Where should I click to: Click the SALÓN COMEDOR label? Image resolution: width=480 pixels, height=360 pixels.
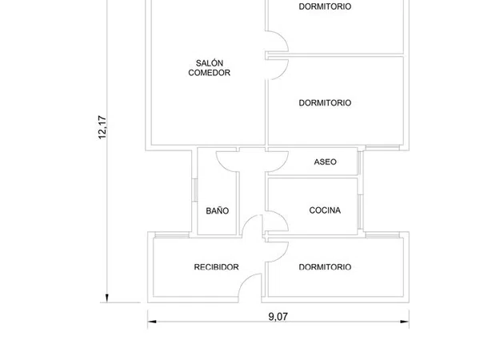pyautogui.click(x=209, y=68)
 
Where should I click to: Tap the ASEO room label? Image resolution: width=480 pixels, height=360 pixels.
pyautogui.click(x=325, y=162)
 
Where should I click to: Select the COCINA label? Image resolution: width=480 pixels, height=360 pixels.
pyautogui.click(x=325, y=210)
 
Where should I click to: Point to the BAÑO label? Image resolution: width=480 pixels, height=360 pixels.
pyautogui.click(x=218, y=210)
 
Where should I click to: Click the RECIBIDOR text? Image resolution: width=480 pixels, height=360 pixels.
pyautogui.click(x=217, y=267)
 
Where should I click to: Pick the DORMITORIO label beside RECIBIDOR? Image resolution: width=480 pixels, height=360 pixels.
pyautogui.click(x=325, y=267)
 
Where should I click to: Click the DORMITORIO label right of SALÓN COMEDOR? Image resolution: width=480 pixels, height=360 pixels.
pyautogui.click(x=325, y=103)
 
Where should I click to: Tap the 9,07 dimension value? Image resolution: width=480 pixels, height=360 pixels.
pyautogui.click(x=278, y=317)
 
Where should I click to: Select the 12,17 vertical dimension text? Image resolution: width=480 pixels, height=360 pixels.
pyautogui.click(x=102, y=127)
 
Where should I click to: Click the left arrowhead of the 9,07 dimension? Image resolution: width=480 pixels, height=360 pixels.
pyautogui.click(x=152, y=322)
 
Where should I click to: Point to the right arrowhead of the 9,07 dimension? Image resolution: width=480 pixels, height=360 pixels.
pyautogui.click(x=405, y=322)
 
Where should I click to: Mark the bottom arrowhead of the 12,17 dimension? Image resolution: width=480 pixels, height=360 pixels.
pyautogui.click(x=107, y=298)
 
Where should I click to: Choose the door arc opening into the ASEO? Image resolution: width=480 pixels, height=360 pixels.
pyautogui.click(x=282, y=165)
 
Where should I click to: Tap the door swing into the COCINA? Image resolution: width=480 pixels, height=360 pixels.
pyautogui.click(x=282, y=218)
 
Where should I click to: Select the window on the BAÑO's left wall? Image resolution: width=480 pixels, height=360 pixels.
pyautogui.click(x=194, y=190)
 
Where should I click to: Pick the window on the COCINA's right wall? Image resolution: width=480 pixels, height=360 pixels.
pyautogui.click(x=360, y=212)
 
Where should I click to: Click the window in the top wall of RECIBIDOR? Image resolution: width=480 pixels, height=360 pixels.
pyautogui.click(x=172, y=235)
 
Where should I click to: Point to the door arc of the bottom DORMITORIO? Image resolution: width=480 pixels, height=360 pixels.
pyautogui.click(x=282, y=255)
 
